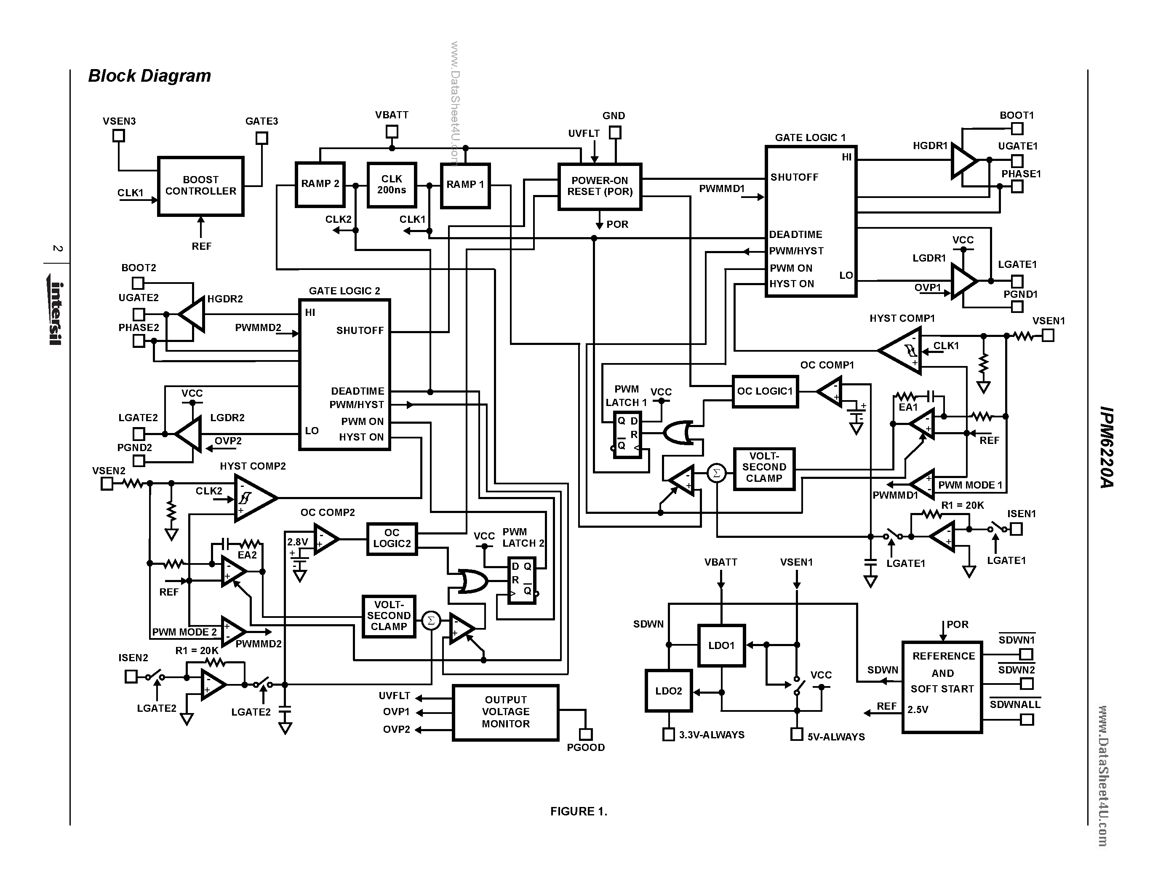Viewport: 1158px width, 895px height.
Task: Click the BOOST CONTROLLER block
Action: click(x=200, y=186)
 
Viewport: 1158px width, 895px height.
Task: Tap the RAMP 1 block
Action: click(x=465, y=185)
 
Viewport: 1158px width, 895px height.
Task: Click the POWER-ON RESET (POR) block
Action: click(x=600, y=187)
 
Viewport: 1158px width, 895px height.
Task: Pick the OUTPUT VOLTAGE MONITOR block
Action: click(x=505, y=712)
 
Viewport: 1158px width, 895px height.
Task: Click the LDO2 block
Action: click(x=668, y=691)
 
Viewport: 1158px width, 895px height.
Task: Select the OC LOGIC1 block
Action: click(x=765, y=391)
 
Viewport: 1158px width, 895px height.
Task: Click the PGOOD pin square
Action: click(x=585, y=735)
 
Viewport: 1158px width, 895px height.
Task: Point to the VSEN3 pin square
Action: click(x=119, y=136)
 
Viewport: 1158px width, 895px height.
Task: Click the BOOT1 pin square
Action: click(x=1017, y=129)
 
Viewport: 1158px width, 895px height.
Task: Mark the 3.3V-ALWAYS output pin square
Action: click(x=669, y=735)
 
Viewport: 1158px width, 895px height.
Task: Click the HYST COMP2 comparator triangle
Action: click(x=253, y=498)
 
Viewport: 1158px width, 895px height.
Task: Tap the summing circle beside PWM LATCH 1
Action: click(x=716, y=473)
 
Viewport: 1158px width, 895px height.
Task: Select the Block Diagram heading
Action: click(x=149, y=76)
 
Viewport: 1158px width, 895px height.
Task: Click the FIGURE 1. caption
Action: click(x=579, y=811)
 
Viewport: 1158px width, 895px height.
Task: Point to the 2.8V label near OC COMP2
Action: click(x=297, y=542)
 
